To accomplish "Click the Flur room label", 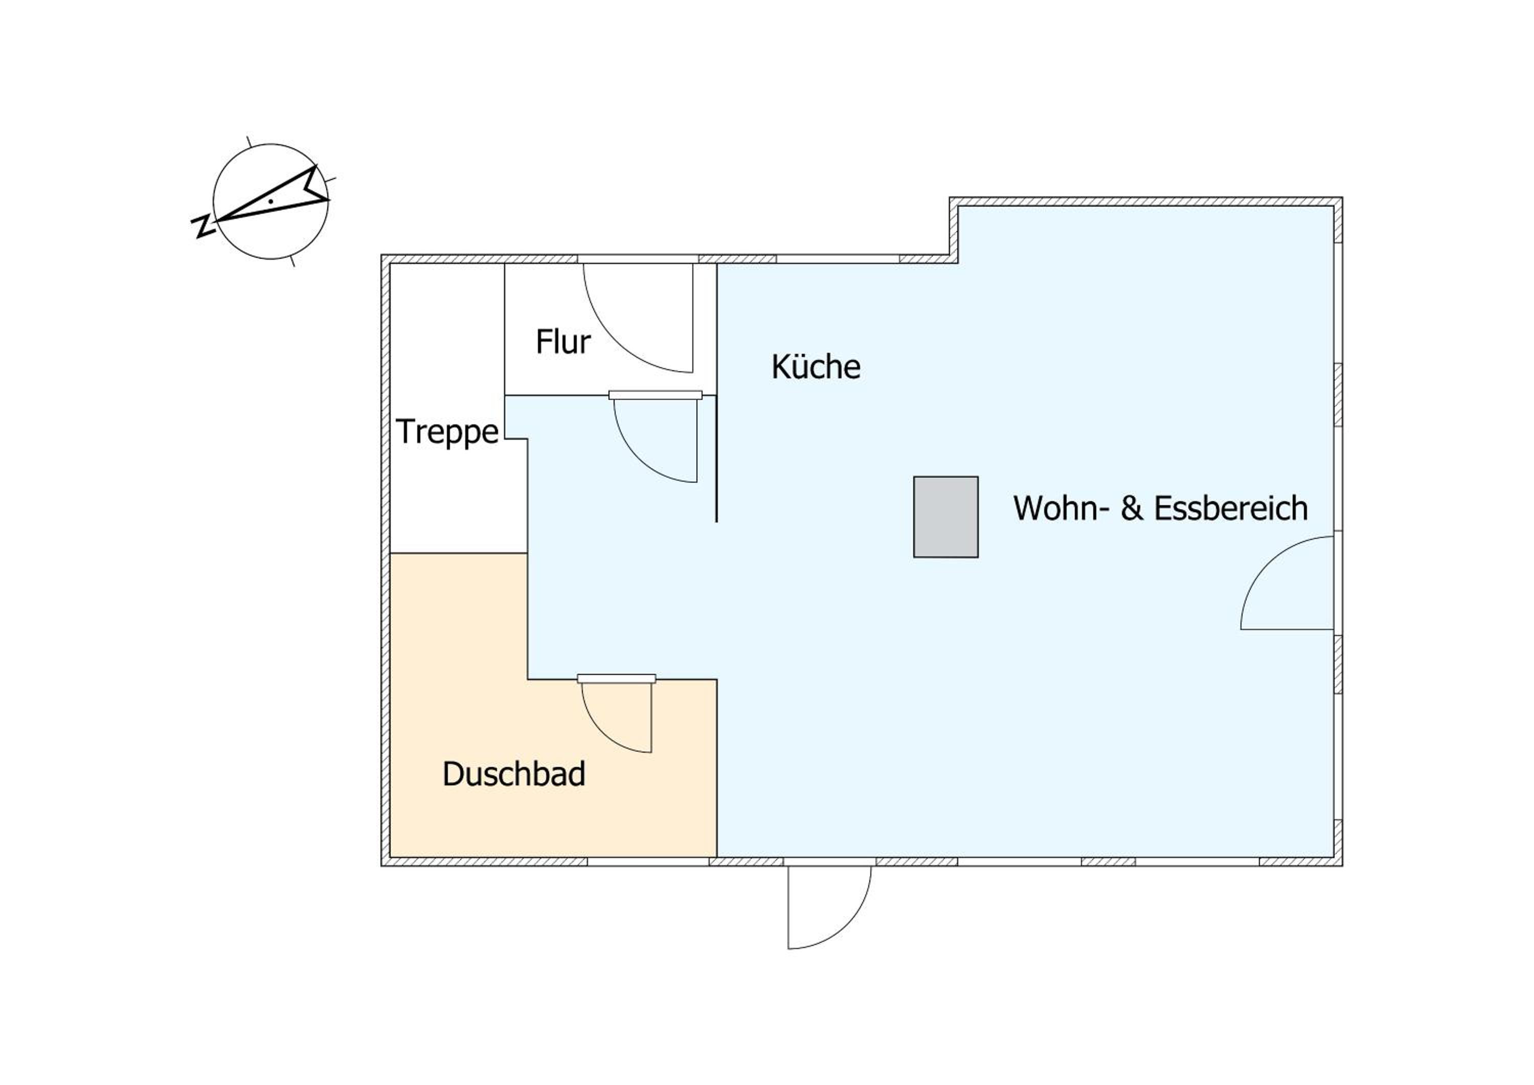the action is [562, 342].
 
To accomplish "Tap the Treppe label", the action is [447, 432].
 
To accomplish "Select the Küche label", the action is [816, 366].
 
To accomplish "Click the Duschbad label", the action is [514, 774].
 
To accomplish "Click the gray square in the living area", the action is [945, 516].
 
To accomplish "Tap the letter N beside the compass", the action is [202, 227].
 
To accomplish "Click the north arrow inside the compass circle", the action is [274, 198].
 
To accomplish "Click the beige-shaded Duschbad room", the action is [554, 802].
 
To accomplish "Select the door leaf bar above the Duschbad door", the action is [616, 679].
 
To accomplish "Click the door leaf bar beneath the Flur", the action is [656, 395].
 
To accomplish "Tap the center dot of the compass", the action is [270, 200].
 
